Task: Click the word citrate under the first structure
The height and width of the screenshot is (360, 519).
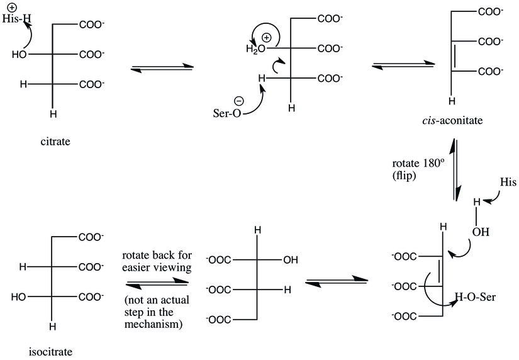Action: tap(55, 142)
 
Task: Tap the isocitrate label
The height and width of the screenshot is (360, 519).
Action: tap(51, 351)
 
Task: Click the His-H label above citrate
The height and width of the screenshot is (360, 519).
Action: tap(16, 18)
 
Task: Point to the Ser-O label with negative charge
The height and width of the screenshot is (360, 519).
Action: tap(227, 113)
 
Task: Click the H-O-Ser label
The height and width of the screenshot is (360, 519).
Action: tap(476, 296)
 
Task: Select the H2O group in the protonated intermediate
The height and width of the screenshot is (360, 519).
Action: tap(255, 49)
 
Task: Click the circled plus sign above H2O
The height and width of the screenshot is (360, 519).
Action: tap(267, 38)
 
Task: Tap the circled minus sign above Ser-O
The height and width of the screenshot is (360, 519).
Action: tap(239, 101)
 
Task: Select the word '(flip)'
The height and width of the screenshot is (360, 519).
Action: tap(404, 175)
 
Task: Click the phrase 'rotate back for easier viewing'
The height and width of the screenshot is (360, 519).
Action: tap(157, 261)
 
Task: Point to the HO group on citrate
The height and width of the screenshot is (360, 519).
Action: tap(20, 55)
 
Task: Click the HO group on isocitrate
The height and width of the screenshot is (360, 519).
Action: tap(18, 297)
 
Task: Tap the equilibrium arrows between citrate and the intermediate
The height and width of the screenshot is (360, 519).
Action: tap(162, 67)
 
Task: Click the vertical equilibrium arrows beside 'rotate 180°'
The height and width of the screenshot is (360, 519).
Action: tap(454, 170)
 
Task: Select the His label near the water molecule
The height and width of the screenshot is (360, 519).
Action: tap(508, 182)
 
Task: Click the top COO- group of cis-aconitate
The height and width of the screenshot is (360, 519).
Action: tap(490, 12)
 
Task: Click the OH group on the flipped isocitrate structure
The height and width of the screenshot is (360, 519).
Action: tap(291, 260)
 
